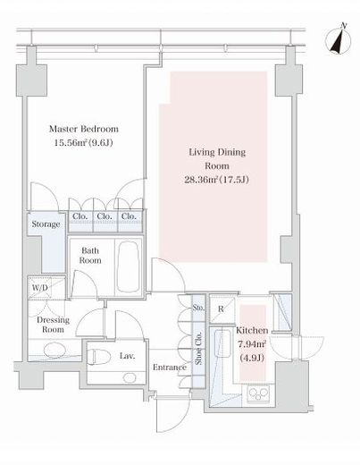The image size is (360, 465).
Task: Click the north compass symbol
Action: coord(339,40)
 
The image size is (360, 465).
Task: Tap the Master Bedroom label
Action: coord(84,129)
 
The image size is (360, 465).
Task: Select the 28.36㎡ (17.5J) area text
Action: coord(216,180)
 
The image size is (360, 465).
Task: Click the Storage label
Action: coord(46,224)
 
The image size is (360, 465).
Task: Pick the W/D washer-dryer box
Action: coord(40,288)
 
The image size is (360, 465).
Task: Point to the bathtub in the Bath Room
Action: coord(128,266)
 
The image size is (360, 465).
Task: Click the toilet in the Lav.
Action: coord(99,357)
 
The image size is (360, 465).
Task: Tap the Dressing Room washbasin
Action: coord(54,351)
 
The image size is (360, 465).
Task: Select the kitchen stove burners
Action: coord(258,393)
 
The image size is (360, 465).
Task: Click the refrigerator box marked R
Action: coord(222,309)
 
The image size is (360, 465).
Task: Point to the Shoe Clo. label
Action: coord(198,348)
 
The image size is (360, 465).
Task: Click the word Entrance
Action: coord(170,368)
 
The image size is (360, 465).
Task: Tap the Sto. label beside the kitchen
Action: coord(198,308)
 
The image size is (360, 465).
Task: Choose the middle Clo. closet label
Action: coord(105,216)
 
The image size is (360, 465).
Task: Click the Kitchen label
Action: coord(252,331)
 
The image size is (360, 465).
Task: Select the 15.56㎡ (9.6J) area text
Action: coord(83,143)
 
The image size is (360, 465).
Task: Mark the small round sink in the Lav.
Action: coord(130,377)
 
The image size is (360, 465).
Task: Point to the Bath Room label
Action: coord(90,256)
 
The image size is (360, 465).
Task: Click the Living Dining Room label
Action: coord(217,159)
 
